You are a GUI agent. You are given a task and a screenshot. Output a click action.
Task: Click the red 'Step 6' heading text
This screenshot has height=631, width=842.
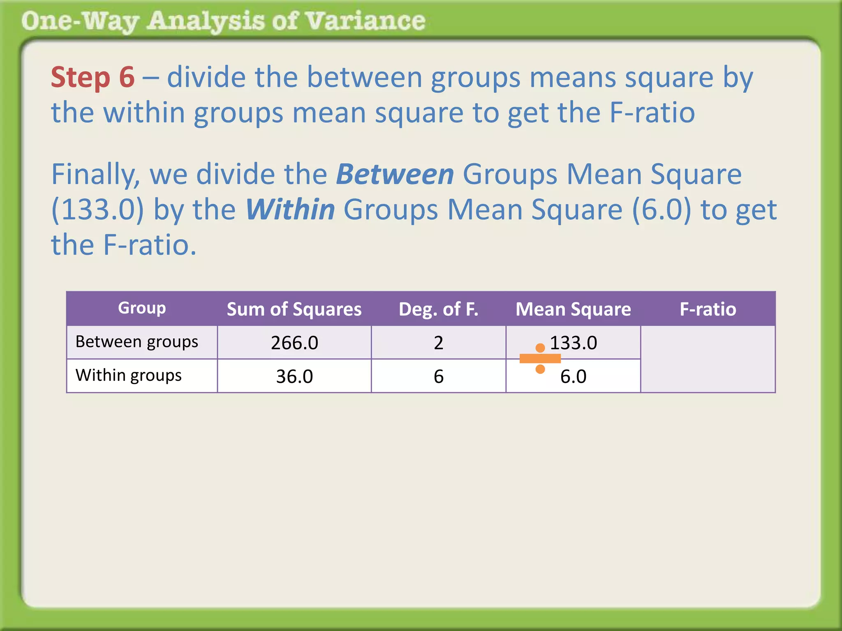pos(93,77)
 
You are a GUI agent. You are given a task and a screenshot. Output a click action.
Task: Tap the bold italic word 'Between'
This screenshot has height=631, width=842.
pos(395,174)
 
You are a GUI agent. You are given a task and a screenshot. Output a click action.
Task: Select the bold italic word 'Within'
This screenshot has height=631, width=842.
pos(290,210)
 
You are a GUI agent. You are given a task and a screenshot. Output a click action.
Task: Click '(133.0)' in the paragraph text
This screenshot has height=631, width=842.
pos(98,210)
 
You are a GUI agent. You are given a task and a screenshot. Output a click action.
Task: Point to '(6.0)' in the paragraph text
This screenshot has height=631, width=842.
pos(661,210)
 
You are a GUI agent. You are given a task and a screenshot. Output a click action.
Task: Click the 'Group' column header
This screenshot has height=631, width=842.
pos(142,308)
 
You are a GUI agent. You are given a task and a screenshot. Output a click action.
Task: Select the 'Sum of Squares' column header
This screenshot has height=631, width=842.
pos(294,309)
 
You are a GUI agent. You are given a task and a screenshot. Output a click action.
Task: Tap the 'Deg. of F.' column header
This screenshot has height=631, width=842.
pos(438,309)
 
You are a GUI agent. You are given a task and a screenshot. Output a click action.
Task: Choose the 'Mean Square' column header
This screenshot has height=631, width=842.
pos(573,309)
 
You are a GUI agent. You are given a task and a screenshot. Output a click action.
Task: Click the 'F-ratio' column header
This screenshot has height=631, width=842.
pos(708,309)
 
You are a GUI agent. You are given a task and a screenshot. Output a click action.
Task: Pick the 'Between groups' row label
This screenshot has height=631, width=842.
pos(136,342)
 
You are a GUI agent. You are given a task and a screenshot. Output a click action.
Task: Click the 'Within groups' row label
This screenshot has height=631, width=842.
pos(128,375)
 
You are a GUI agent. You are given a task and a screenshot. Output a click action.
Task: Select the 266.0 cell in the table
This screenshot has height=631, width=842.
pos(294,343)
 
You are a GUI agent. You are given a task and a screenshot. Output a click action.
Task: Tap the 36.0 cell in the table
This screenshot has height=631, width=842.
pos(294,376)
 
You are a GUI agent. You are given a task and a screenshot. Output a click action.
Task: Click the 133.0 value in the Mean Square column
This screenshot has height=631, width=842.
pos(573,343)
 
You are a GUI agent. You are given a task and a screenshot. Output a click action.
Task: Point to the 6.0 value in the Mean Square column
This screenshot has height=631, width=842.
pos(573,376)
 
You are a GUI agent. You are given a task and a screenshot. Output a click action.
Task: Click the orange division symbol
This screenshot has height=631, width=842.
pos(540,359)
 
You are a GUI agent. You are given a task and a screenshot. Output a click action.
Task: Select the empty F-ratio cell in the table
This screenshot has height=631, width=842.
pos(708,359)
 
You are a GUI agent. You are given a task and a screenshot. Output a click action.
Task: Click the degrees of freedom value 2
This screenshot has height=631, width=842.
pos(438,343)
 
